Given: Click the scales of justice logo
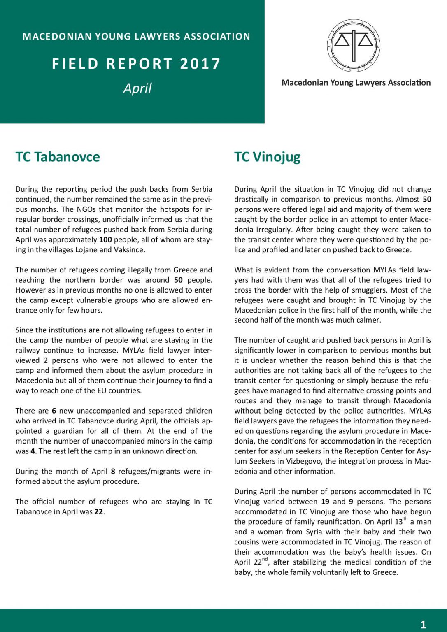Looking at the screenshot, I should (354, 45).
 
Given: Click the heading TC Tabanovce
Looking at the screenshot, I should (58, 157).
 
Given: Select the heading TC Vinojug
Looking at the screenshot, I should (267, 157).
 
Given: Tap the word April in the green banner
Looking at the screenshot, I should (137, 88).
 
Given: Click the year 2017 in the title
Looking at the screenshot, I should (200, 64).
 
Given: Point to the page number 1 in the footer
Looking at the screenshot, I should (423, 625).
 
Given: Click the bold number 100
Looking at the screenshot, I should (105, 239).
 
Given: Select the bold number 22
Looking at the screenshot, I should (99, 512).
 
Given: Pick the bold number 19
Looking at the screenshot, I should (325, 502).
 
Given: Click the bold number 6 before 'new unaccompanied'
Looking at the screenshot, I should (54, 411).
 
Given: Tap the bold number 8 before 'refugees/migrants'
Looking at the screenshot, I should (113, 471).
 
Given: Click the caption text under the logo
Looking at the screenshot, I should (356, 83).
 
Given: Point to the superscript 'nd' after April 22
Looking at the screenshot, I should (265, 559).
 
